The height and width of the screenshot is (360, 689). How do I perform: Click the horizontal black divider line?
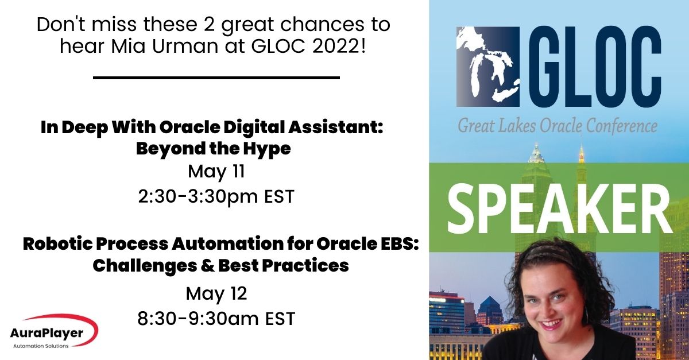point(216,77)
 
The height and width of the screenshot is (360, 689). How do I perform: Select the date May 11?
point(216,171)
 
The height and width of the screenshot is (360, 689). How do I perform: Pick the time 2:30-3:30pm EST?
point(216,196)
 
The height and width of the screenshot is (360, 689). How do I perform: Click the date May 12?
point(216,293)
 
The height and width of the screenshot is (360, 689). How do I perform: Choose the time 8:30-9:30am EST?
point(216,318)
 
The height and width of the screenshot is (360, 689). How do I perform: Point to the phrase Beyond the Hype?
point(213,149)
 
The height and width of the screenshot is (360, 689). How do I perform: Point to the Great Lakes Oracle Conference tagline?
point(557,124)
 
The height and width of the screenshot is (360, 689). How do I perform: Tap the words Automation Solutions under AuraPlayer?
point(40,346)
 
